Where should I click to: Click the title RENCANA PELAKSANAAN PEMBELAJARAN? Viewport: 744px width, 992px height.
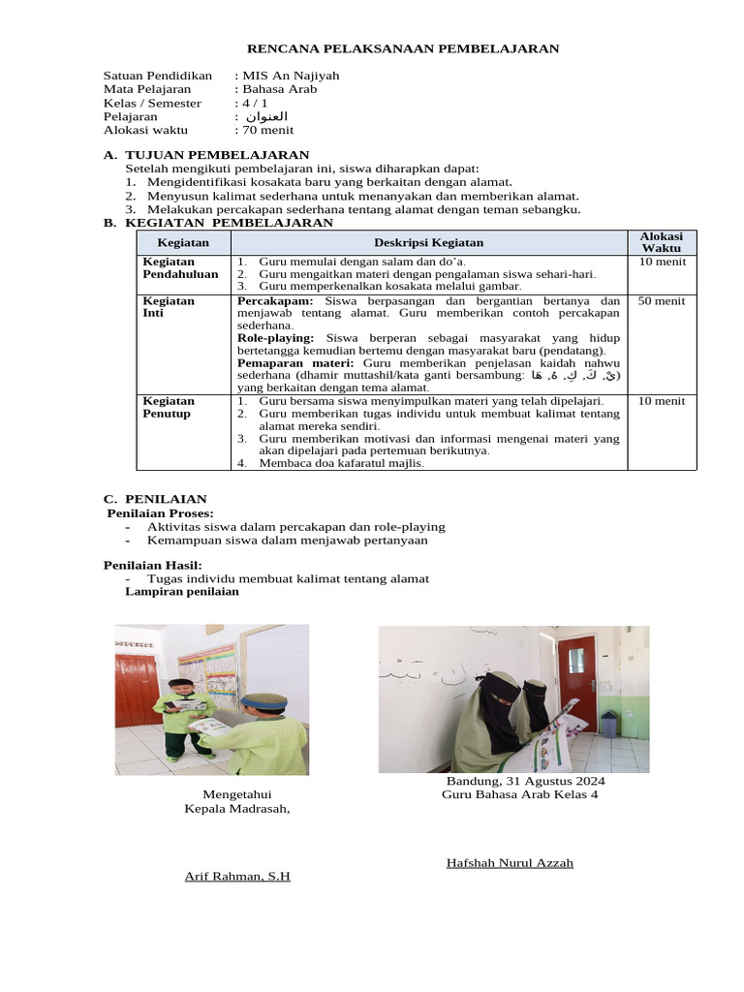click(x=403, y=48)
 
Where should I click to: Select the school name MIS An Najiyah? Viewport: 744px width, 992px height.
click(x=290, y=76)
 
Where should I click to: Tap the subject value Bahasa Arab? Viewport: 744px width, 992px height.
click(x=279, y=89)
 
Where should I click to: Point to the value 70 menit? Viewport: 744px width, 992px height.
click(x=267, y=130)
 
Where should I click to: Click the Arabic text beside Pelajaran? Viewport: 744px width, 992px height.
click(x=267, y=116)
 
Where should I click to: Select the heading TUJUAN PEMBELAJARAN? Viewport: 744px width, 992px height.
click(x=218, y=155)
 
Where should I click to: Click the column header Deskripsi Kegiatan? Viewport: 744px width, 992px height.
click(x=428, y=242)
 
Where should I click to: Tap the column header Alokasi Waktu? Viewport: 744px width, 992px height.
click(x=662, y=242)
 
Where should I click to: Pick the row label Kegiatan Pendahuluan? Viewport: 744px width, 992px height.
click(x=181, y=268)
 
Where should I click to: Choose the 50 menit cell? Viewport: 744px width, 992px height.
click(x=662, y=301)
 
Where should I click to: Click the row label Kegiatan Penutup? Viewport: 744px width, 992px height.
click(x=170, y=407)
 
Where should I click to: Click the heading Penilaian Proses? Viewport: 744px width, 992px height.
click(x=160, y=513)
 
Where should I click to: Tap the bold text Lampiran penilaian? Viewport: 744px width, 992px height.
click(x=182, y=592)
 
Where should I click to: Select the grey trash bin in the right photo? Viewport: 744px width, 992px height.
click(x=608, y=725)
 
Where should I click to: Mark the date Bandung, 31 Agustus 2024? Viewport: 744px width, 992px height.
click(x=525, y=781)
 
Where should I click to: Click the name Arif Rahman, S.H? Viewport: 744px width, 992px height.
click(x=237, y=877)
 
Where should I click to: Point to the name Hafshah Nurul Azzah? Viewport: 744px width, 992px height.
click(x=510, y=863)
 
